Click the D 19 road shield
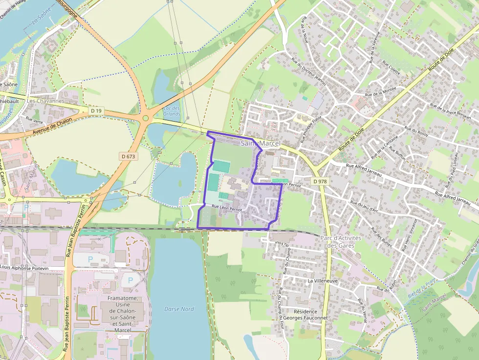96,111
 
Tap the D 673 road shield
129,156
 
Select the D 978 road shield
319,181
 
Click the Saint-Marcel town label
261,144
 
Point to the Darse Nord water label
179,309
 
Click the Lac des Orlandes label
172,111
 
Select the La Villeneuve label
323,281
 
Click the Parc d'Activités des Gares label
340,242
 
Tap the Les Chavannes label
45,101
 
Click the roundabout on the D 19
145,118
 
